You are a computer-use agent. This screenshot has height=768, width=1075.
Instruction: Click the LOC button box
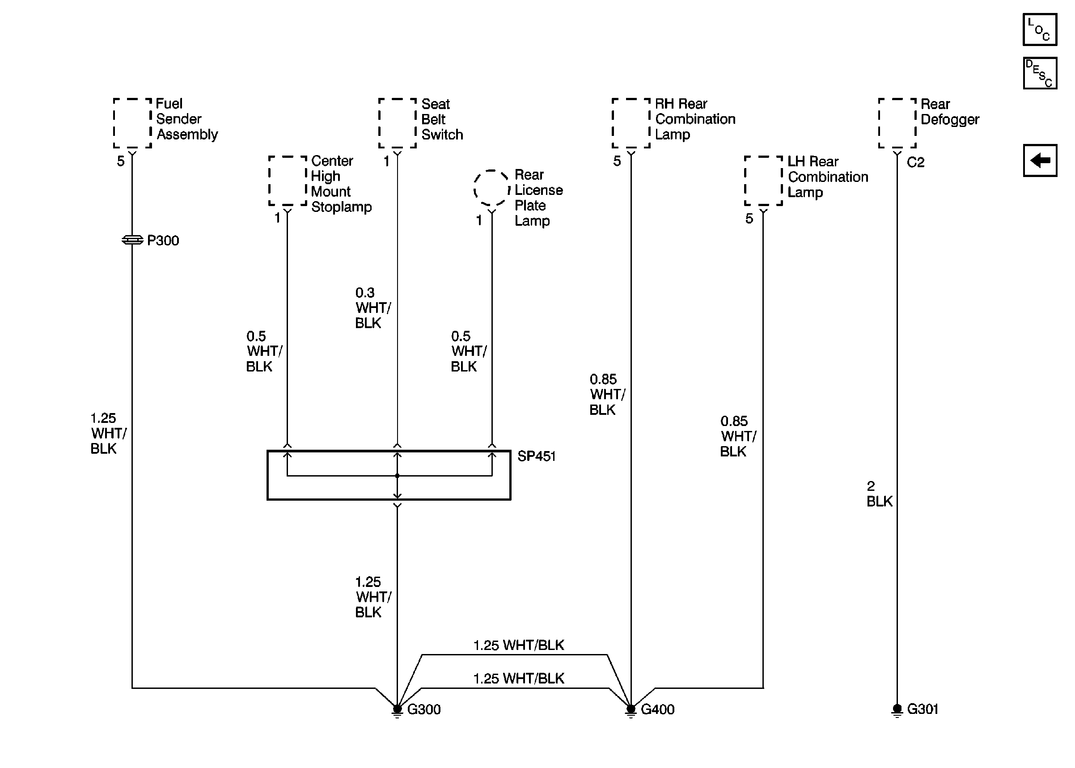click(1039, 30)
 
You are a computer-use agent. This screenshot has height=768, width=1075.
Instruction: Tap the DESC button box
click(1039, 73)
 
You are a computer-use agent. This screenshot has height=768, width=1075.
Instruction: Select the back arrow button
click(1039, 160)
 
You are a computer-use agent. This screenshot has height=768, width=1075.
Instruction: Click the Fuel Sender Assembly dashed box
click(132, 123)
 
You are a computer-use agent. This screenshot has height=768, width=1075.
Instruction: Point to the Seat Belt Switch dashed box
click(397, 123)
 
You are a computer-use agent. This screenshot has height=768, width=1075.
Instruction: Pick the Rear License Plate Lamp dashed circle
click(492, 188)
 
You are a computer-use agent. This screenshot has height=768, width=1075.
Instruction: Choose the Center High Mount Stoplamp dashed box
click(288, 181)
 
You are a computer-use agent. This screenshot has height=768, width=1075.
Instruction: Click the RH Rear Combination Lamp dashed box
click(631, 123)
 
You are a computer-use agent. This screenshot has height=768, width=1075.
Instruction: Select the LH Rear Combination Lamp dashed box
click(763, 181)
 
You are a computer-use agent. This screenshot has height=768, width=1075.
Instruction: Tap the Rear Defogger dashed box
click(897, 123)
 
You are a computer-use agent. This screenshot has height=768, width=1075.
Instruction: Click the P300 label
click(163, 241)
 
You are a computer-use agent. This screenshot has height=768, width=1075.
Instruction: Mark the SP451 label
click(536, 456)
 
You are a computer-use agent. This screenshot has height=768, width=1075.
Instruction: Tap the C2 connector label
click(916, 163)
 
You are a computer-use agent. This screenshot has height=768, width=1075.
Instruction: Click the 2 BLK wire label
click(879, 494)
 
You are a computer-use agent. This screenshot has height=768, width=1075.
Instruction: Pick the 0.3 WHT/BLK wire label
click(372, 308)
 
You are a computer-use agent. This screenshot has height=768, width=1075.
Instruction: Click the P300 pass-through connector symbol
click(132, 240)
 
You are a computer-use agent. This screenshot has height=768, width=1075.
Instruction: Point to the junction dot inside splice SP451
click(397, 476)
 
